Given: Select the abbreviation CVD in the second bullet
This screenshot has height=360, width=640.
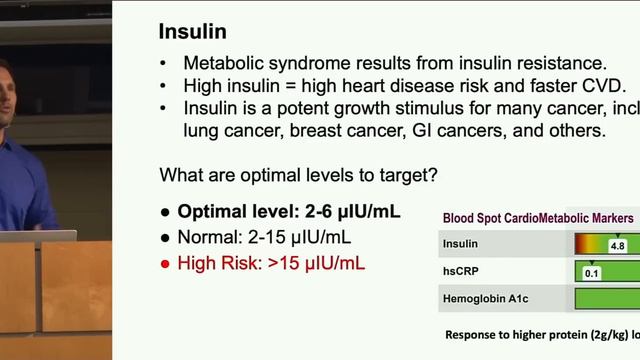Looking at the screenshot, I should pos(602,85).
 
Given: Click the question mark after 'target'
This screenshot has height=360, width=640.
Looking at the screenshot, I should pos(432,175).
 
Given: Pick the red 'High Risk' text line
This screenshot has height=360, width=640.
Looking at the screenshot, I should pos(270,264).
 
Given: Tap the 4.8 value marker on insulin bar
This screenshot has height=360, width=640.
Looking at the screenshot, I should pos(617,245).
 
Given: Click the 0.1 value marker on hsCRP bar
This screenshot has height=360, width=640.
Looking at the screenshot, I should pos(591,272).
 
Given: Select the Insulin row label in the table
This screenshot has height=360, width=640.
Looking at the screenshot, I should pos(461,244).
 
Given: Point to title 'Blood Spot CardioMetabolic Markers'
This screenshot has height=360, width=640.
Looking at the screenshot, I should pos(538,218).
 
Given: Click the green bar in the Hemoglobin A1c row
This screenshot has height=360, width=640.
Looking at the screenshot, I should pos(606,298).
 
